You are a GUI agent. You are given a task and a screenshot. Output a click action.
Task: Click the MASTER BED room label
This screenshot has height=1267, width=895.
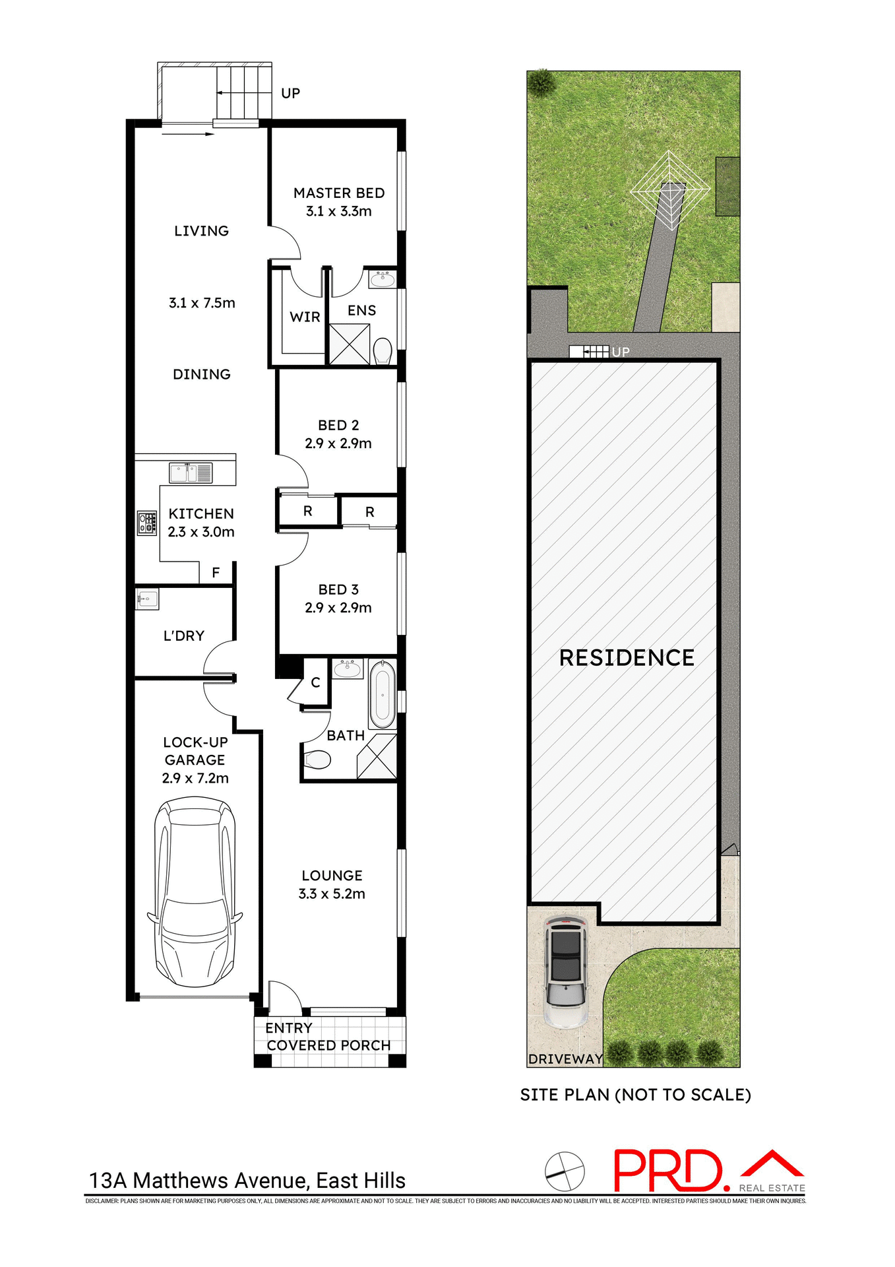(x=339, y=193)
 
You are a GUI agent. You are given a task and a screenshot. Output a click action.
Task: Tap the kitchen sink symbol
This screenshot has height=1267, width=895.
(x=191, y=473)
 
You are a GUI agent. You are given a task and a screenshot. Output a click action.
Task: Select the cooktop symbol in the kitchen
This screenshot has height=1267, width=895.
(x=146, y=523)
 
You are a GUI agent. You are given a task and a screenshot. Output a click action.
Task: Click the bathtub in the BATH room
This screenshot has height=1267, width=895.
(x=382, y=695)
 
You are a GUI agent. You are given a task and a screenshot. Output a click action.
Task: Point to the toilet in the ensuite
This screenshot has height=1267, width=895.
(x=382, y=350)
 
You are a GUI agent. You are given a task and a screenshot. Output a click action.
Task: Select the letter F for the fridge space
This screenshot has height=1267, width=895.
(x=216, y=573)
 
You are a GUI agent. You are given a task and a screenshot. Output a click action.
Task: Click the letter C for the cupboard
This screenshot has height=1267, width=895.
(x=315, y=683)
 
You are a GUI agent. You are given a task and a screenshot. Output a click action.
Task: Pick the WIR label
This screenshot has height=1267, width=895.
(x=305, y=317)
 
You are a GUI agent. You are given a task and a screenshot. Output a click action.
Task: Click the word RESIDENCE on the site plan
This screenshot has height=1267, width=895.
(x=627, y=658)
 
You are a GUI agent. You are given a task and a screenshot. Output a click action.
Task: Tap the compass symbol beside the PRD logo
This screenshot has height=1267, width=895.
(x=565, y=1172)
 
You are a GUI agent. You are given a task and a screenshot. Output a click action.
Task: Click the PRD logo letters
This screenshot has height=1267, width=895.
(x=667, y=1171)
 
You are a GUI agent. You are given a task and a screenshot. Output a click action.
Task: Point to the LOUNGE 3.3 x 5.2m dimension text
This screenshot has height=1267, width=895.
(x=331, y=893)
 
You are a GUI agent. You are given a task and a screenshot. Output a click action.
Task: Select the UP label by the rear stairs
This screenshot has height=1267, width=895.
(x=290, y=94)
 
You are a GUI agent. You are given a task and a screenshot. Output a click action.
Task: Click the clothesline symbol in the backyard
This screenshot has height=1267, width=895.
(x=670, y=191)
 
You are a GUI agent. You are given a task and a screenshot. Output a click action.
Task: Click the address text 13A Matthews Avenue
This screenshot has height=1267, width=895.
(x=247, y=1181)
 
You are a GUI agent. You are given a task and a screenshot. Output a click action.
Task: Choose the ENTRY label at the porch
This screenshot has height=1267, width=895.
(x=288, y=1028)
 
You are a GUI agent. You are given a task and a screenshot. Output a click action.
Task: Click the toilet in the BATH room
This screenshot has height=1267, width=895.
(x=317, y=760)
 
